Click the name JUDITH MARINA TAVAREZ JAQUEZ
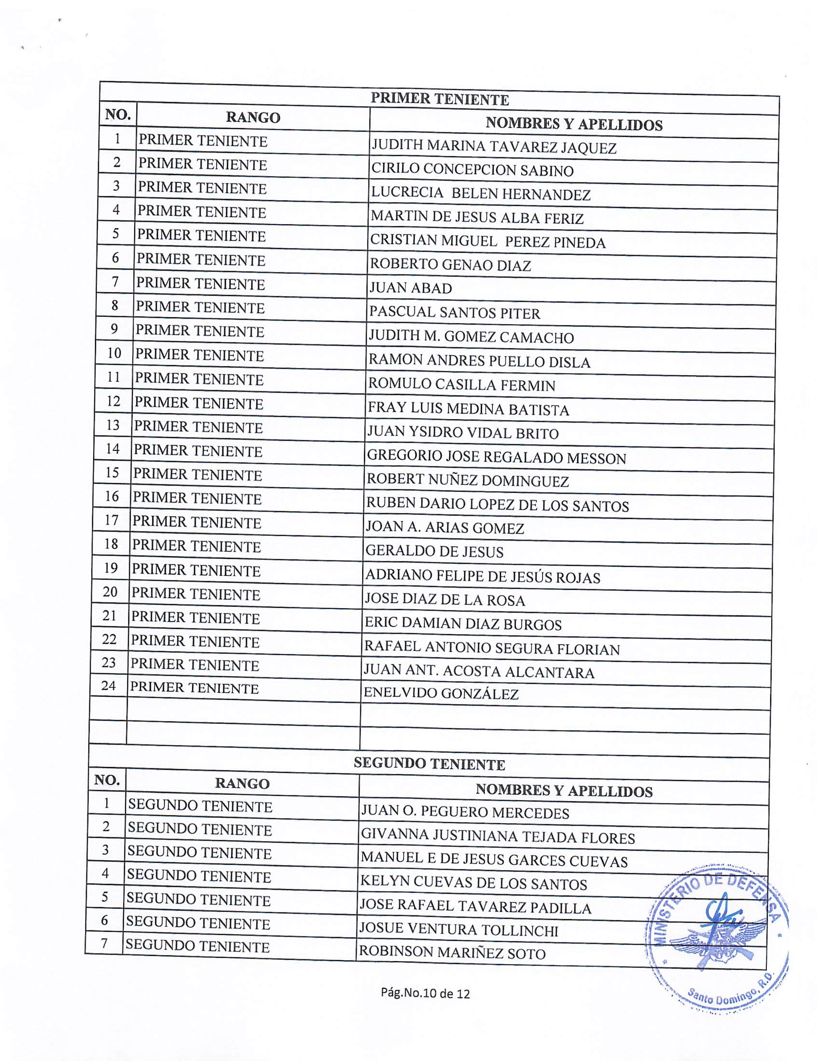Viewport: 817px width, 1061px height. tap(493, 146)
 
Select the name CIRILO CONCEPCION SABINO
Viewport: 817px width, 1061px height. tap(472, 170)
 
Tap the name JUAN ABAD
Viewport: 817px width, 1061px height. tap(410, 288)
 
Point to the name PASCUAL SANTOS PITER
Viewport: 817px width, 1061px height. tap(454, 313)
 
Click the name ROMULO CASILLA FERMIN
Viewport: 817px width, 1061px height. tap(462, 385)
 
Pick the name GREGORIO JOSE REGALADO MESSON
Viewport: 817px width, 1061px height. tap(496, 457)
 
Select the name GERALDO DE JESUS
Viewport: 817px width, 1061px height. tap(434, 551)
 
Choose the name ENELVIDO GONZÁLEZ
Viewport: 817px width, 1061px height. tap(441, 693)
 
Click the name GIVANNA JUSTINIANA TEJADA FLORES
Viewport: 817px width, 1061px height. tap(498, 837)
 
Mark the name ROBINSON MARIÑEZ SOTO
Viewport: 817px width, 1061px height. tap(452, 953)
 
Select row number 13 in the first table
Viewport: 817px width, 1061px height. tap(112, 425)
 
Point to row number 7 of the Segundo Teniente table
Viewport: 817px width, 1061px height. tap(104, 943)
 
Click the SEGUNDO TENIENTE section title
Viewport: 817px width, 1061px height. tap(429, 764)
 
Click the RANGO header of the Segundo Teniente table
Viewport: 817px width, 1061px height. tap(242, 784)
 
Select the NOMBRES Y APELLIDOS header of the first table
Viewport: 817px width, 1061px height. tap(573, 124)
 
